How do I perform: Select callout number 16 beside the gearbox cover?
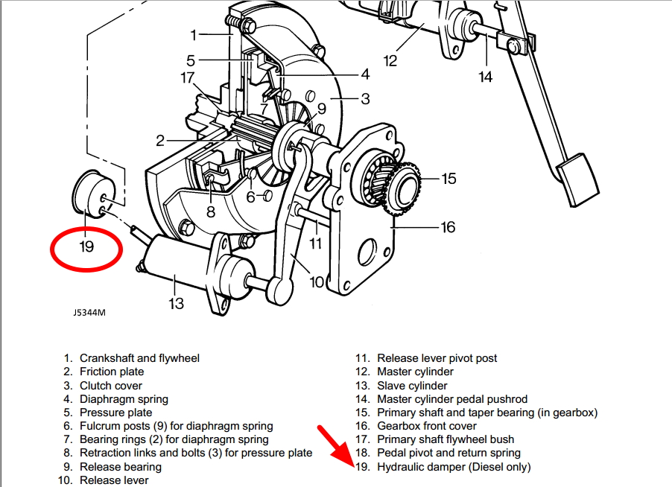tap(447, 227)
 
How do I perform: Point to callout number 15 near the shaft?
tap(448, 179)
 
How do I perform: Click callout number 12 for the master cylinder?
tap(390, 60)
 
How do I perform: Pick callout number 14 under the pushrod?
tap(486, 77)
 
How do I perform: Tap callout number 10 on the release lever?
tap(317, 282)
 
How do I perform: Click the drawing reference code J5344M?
tap(89, 313)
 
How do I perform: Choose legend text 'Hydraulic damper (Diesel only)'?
tap(454, 467)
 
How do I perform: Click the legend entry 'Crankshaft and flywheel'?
tap(139, 358)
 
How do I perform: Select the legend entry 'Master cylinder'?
tap(415, 372)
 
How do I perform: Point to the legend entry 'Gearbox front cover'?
tap(425, 426)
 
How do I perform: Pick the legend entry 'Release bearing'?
tap(120, 467)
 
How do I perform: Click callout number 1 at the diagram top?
tap(193, 34)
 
